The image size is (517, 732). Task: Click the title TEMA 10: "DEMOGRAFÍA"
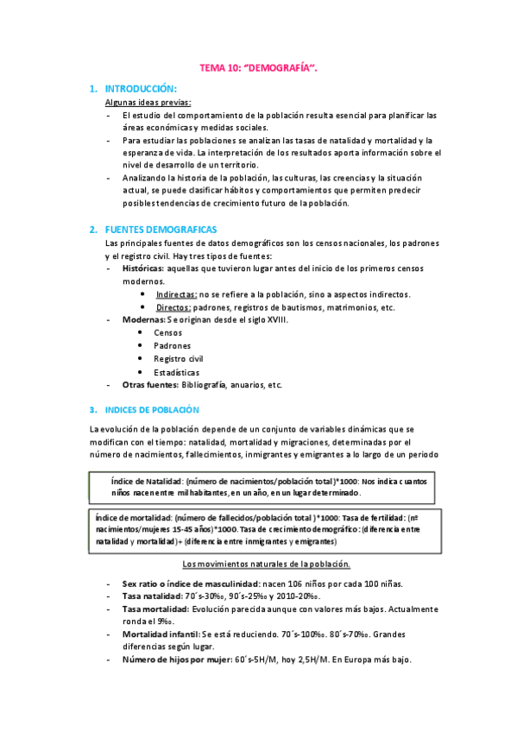pyautogui.click(x=258, y=66)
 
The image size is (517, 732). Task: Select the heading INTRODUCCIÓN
pyautogui.click(x=141, y=89)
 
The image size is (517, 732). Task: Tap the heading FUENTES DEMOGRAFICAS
pyautogui.click(x=161, y=230)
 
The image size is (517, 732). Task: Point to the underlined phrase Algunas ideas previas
pyautogui.click(x=142, y=102)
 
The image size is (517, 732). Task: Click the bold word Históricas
pyautogui.click(x=142, y=269)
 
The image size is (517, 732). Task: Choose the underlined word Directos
pyautogui.click(x=173, y=307)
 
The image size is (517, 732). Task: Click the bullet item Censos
pyautogui.click(x=167, y=333)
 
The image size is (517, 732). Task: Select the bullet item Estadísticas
pyautogui.click(x=176, y=372)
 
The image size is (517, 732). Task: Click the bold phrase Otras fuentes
pyautogui.click(x=152, y=385)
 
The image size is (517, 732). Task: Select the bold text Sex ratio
pyautogui.click(x=142, y=584)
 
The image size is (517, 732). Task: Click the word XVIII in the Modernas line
pyautogui.click(x=274, y=320)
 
